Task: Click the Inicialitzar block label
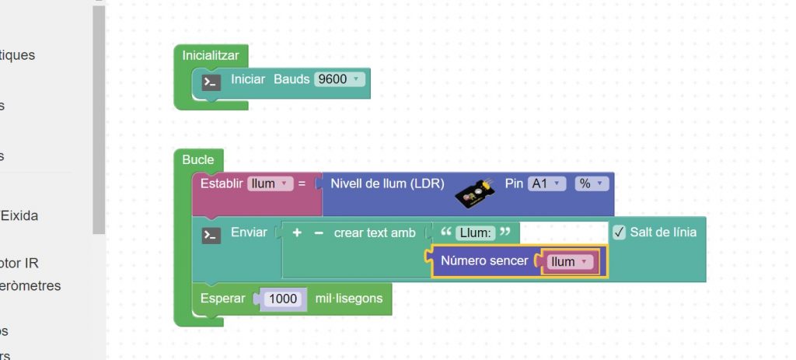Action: pos(210,55)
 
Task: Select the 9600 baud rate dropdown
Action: pos(339,79)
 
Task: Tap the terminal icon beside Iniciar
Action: pos(211,82)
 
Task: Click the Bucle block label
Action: pos(197,159)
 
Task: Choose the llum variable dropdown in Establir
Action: pos(269,183)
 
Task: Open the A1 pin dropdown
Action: pos(546,183)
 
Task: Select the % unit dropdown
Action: pos(591,183)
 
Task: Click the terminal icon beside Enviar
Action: pos(211,234)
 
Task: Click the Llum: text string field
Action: pos(475,232)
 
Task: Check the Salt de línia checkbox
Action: pos(620,232)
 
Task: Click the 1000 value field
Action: pos(283,299)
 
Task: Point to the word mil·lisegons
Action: pos(348,298)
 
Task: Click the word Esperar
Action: pos(222,298)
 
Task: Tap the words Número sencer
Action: pos(484,261)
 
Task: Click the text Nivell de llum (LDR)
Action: pos(387,183)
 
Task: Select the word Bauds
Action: pos(292,79)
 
